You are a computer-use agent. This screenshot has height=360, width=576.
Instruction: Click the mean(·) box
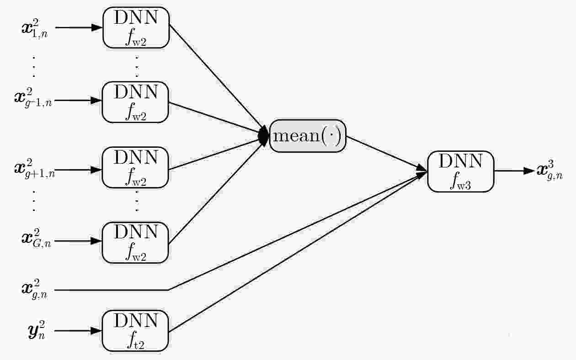tap(308, 136)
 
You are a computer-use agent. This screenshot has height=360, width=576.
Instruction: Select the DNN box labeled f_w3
tap(460, 172)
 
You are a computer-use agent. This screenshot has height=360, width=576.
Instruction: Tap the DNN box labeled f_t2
tap(135, 331)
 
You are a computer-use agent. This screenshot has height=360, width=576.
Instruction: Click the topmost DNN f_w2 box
tap(136, 27)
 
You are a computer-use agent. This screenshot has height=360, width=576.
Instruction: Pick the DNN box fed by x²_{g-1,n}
tap(135, 102)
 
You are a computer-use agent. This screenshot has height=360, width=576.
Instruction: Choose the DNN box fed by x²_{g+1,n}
tap(135, 167)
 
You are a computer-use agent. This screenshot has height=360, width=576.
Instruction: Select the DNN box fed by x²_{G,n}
tap(135, 242)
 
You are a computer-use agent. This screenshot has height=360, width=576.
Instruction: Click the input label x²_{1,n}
tap(34, 28)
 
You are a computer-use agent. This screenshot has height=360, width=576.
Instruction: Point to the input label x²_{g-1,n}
tap(33, 98)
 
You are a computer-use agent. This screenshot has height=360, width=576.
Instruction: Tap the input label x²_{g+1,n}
tap(34, 169)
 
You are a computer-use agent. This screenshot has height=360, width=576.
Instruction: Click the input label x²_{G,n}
tap(36, 238)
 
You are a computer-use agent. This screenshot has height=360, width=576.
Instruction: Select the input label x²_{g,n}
tap(34, 290)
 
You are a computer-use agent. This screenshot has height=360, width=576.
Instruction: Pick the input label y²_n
tap(37, 330)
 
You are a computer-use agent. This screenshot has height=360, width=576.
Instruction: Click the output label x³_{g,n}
tap(550, 170)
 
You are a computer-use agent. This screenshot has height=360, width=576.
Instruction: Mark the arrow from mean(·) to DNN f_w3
tap(386, 153)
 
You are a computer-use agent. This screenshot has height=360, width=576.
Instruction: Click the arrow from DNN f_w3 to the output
tap(514, 171)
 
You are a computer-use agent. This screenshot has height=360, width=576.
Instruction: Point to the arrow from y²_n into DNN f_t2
tap(78, 331)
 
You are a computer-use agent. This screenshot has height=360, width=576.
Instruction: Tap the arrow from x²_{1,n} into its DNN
tap(79, 27)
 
